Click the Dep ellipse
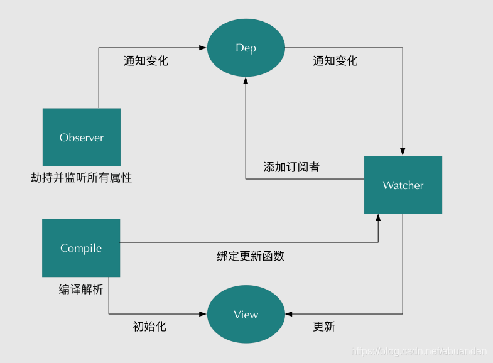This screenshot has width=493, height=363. point(246,48)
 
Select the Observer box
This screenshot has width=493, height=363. point(82,137)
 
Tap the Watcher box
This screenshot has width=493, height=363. point(403,185)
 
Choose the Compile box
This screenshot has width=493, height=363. point(81,248)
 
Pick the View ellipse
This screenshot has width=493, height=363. point(246,315)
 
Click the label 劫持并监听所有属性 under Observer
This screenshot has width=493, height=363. point(82,178)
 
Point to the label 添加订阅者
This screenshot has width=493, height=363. point(291,167)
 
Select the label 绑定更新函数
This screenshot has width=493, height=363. point(251,256)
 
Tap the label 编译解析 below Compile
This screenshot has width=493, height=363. point(81,290)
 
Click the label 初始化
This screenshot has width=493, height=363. point(149,327)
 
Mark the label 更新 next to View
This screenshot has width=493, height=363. point(324,327)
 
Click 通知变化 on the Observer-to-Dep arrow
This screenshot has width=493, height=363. point(146,61)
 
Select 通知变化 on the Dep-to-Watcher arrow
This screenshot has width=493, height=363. point(335,61)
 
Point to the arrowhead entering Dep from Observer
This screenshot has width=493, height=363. point(203,48)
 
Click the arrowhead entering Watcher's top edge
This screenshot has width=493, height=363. point(403,152)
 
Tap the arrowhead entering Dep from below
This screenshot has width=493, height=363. point(246,81)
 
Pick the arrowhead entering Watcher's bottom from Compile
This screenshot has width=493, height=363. point(378,217)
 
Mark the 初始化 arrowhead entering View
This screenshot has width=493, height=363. point(203,314)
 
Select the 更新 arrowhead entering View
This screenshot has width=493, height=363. point(289,314)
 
